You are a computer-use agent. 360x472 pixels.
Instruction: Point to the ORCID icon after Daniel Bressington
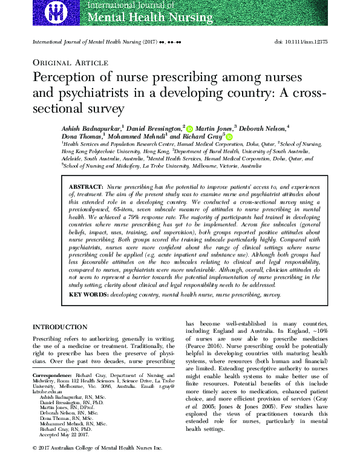pyautogui.click(x=189, y=129)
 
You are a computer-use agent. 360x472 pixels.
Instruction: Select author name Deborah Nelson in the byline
pyautogui.click(x=266, y=128)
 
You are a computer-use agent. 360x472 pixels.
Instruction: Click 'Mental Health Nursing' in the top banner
pyautogui.click(x=141, y=16)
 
